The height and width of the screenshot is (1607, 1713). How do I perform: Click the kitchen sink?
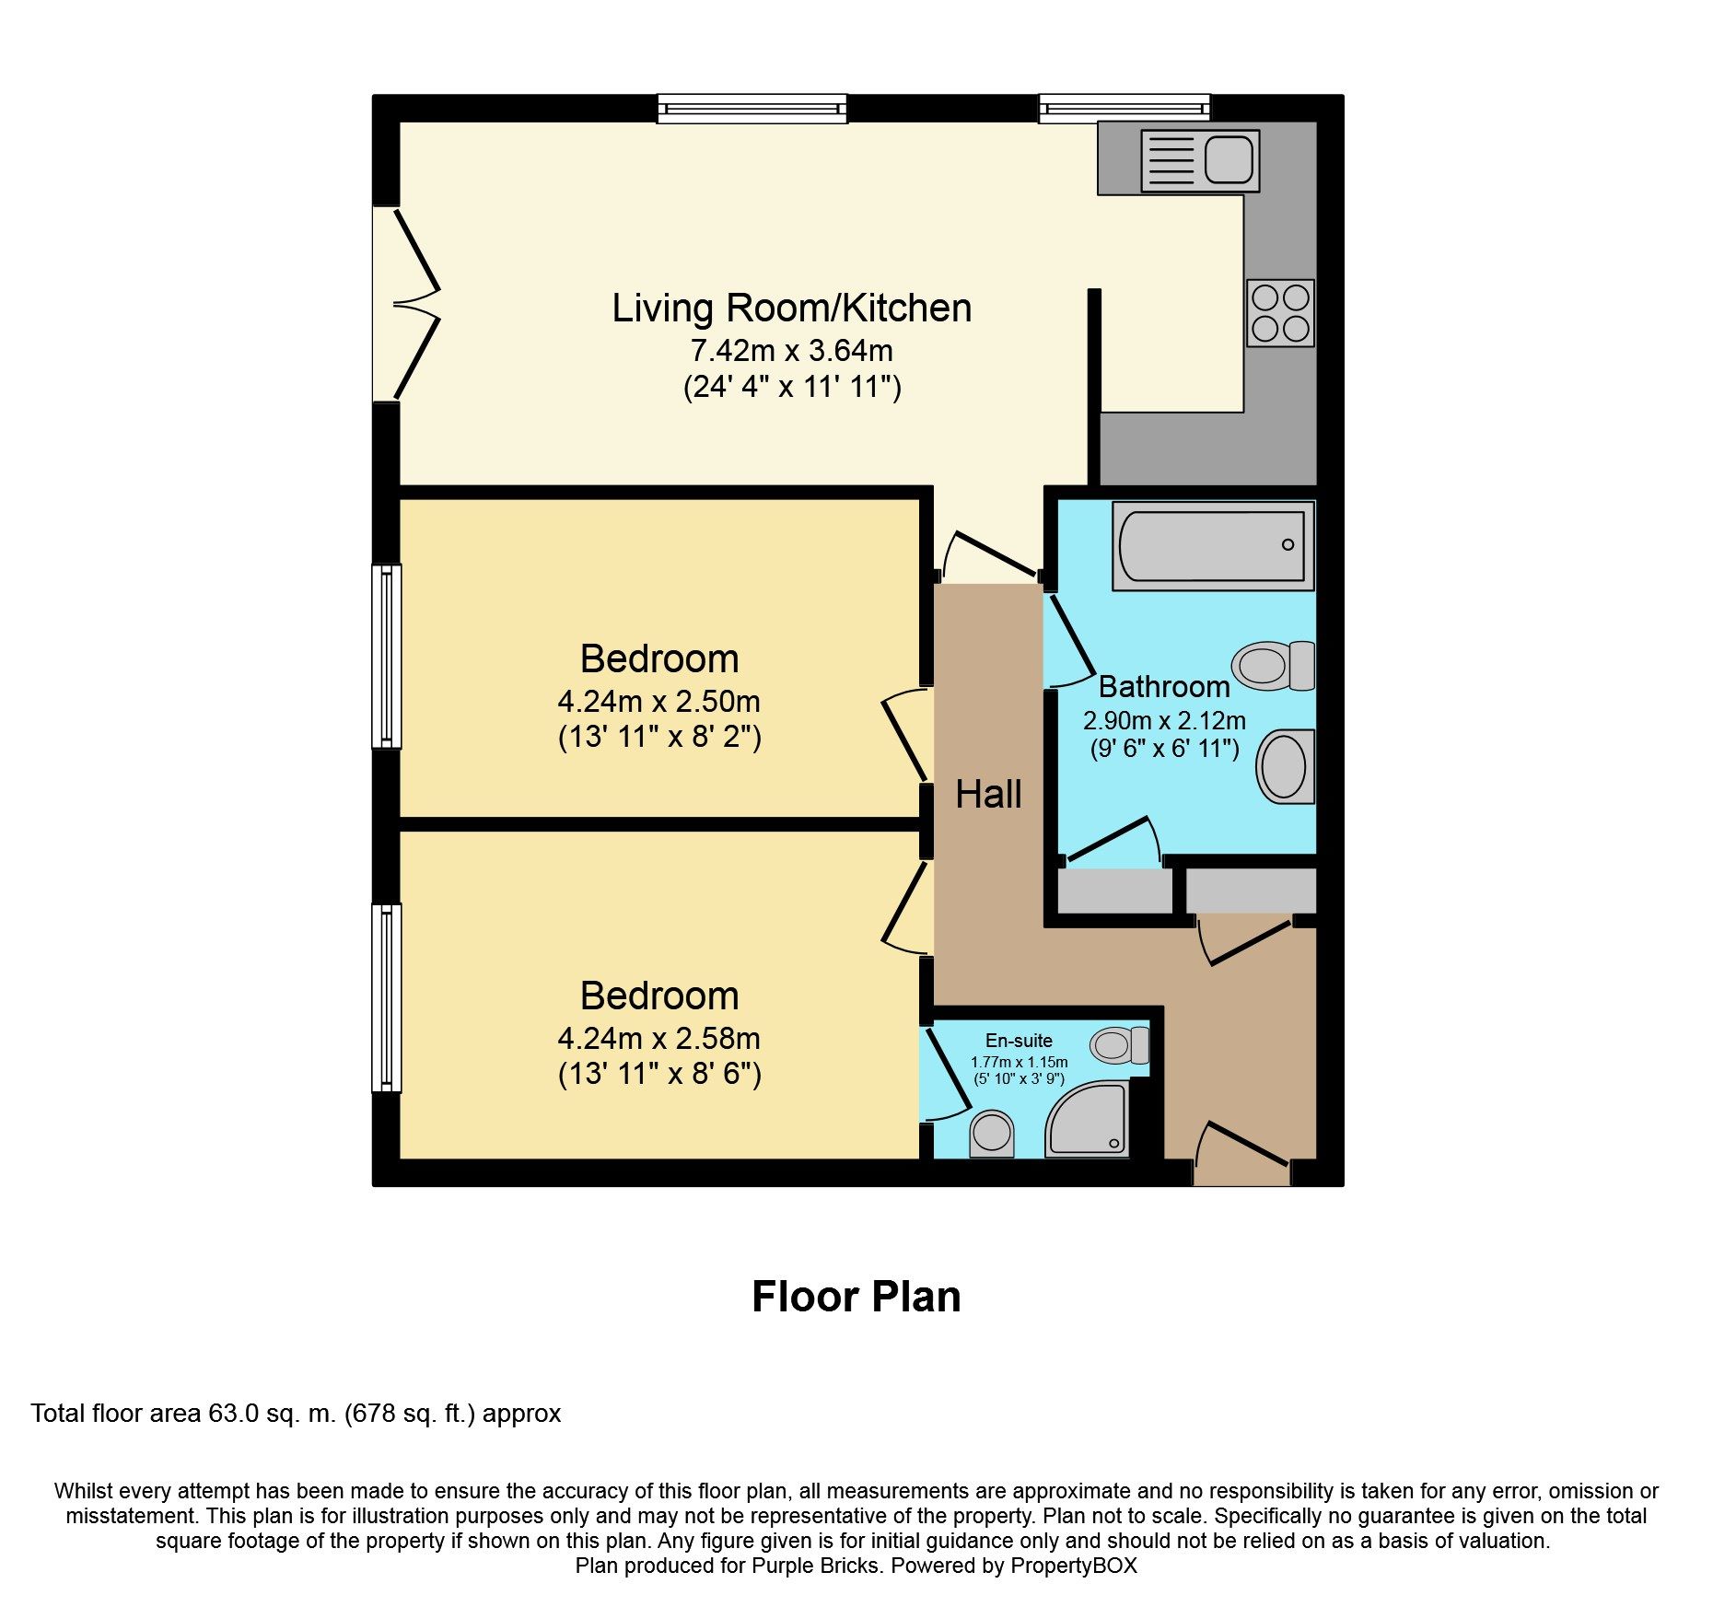point(1200,160)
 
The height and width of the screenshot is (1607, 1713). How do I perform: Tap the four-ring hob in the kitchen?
point(1280,313)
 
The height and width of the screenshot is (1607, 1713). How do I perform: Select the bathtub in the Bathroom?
point(1213,545)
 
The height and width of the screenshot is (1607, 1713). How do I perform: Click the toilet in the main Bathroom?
point(1274,666)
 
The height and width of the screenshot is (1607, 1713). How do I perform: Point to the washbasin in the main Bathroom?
point(1286,766)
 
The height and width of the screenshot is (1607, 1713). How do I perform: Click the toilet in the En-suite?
point(1120,1045)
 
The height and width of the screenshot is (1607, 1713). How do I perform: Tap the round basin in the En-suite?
point(992,1133)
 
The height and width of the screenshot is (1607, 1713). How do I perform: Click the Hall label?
point(988,794)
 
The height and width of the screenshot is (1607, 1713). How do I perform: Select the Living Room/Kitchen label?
point(792,309)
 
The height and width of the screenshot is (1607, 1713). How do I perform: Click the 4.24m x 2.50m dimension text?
point(659,702)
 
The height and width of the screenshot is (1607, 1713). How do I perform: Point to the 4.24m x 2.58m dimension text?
point(659,1039)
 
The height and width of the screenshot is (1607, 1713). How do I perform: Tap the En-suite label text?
point(1019,1041)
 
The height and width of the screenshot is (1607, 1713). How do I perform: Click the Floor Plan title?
point(856,1297)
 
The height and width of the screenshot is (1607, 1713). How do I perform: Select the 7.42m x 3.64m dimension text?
point(792,351)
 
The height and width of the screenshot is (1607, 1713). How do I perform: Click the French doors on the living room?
point(406,304)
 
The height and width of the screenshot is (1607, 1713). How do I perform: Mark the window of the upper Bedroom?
point(387,656)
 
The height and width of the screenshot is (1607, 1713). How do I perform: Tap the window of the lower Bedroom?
point(387,998)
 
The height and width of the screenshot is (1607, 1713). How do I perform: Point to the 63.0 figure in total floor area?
point(234,1413)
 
